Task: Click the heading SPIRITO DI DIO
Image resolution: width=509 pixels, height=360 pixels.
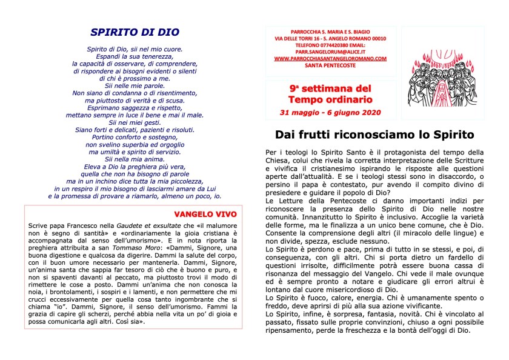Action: click(x=135, y=33)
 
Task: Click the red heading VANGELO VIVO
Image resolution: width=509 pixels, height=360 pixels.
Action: click(x=205, y=214)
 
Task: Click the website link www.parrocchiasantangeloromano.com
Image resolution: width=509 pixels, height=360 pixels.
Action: click(x=330, y=58)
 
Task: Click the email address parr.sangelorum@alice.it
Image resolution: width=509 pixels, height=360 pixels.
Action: click(x=330, y=52)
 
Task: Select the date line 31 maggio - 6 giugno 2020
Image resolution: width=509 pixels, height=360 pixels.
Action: click(x=330, y=113)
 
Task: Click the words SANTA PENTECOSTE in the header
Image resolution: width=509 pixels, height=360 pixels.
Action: click(x=330, y=65)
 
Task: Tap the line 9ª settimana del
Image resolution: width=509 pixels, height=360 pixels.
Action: click(x=330, y=88)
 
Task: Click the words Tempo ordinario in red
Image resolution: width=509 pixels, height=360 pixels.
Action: click(x=330, y=99)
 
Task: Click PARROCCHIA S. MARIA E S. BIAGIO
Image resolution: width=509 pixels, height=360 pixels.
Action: click(x=330, y=32)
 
